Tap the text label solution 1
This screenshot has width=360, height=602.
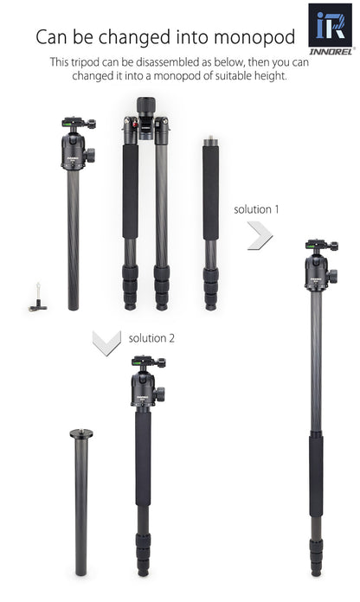(x=258, y=209)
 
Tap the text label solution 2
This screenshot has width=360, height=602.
(x=151, y=337)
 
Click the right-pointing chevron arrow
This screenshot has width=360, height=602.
(x=260, y=235)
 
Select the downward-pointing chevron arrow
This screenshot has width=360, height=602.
(x=106, y=343)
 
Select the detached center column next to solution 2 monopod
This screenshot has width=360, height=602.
(x=80, y=502)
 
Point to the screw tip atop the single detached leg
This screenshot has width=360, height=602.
(x=209, y=138)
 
